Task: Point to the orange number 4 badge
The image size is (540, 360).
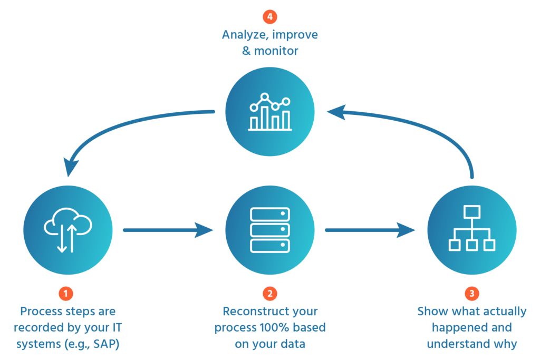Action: click(x=270, y=17)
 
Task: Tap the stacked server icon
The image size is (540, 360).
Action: click(x=270, y=230)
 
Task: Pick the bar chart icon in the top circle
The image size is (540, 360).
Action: click(x=270, y=112)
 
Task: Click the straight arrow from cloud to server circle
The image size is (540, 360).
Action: click(x=168, y=230)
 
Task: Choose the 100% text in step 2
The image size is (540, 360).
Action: click(x=275, y=327)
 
